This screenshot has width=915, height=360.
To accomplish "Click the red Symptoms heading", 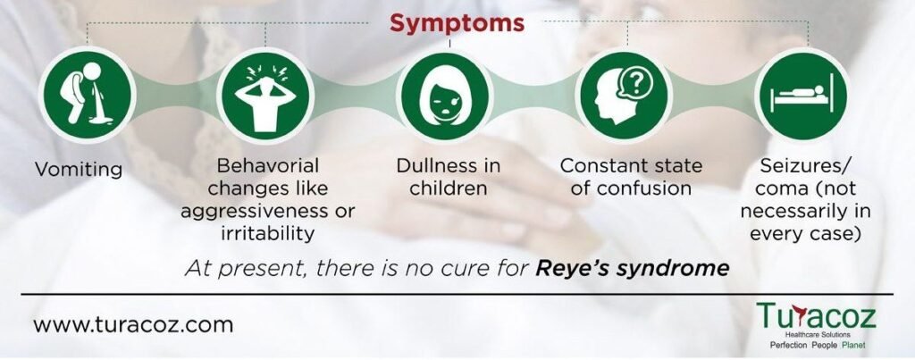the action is point(457,23).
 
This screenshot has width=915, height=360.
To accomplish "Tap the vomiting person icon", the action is point(88,95).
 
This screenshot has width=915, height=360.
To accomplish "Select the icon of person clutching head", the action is point(265,95).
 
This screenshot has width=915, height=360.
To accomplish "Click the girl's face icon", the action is point(445,95).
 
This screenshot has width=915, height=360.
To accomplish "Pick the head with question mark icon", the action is point(624,95).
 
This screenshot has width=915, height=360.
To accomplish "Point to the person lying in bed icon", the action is point(803,95).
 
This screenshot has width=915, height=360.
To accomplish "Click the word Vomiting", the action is point(79,170).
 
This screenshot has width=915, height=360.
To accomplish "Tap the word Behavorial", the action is point(268,165).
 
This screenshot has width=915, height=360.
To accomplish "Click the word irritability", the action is point(268,233).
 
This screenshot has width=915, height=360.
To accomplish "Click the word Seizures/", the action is point(805,166).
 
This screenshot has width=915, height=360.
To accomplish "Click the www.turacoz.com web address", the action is point(133,324).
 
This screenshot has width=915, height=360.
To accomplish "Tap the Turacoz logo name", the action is point(817,316).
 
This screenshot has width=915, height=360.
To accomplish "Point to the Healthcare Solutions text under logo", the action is point(817,335).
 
